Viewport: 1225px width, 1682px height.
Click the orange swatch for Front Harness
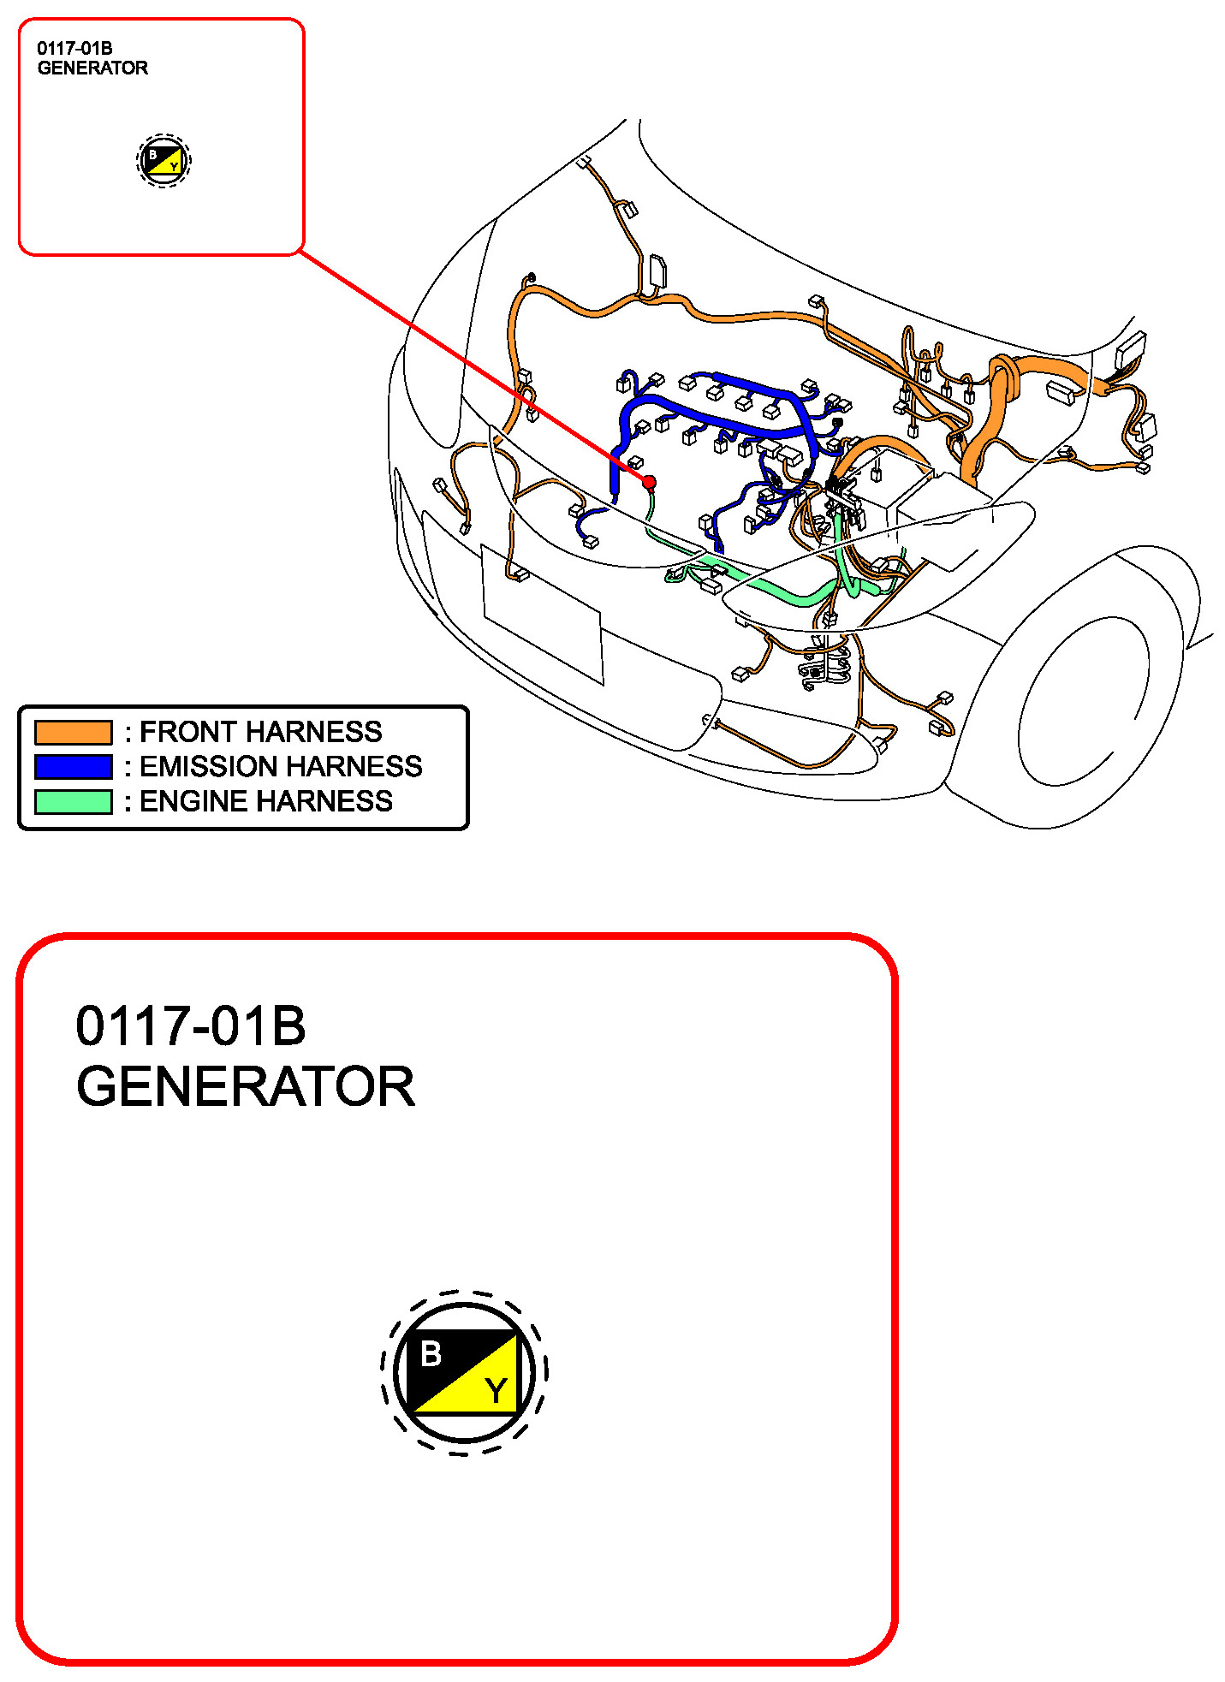pos(73,733)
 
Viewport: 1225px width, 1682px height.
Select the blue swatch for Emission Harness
pos(73,767)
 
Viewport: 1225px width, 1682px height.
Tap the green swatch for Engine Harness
pos(73,802)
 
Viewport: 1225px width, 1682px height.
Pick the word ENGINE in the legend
pos(193,802)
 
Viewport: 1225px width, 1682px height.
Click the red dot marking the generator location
pos(649,483)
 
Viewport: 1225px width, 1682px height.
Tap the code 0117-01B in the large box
pos(191,1025)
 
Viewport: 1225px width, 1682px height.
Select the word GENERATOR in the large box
pos(246,1087)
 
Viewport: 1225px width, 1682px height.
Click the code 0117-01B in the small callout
pos(74,49)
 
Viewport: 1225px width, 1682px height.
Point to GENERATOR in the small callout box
pos(92,68)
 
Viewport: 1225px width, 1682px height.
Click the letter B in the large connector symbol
pos(431,1354)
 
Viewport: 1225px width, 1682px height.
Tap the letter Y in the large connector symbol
pos(496,1390)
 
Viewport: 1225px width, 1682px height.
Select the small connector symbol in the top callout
pos(164,161)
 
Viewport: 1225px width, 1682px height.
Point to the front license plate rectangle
pos(543,614)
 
